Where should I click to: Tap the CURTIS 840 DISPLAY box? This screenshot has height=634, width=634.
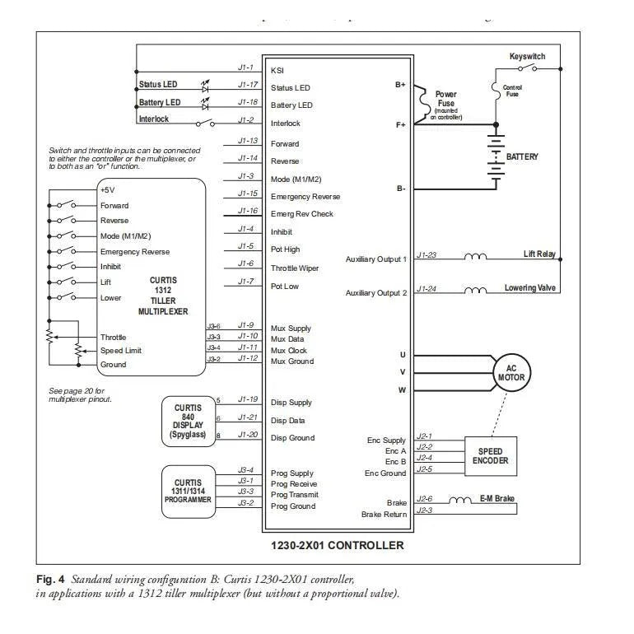tap(188, 420)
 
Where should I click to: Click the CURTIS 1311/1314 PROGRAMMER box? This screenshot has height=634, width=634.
tap(188, 490)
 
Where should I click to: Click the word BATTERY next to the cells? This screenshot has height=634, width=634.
tap(522, 156)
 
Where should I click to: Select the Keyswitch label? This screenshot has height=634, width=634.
tap(527, 57)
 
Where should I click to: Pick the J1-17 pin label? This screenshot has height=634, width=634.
tap(247, 84)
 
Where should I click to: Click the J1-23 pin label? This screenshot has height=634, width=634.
tap(427, 255)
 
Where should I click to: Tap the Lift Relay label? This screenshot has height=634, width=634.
tap(539, 254)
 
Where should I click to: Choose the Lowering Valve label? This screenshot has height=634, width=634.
tap(530, 288)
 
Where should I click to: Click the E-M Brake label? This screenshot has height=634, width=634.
tap(497, 499)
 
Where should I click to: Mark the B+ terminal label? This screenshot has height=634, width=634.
tap(400, 85)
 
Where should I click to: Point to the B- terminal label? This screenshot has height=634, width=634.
tap(400, 189)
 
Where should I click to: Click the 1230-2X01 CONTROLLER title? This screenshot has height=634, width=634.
tap(338, 545)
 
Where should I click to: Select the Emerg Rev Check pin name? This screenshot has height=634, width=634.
tap(302, 214)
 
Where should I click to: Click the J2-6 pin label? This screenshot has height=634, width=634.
tap(425, 499)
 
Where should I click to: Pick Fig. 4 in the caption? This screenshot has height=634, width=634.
tap(51, 580)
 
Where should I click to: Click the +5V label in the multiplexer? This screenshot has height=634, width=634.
tap(108, 189)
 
